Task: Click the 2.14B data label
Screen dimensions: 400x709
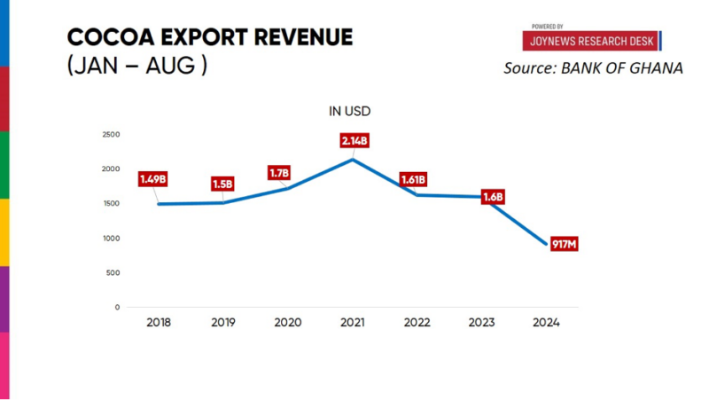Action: [354, 141]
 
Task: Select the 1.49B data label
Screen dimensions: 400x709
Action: [152, 179]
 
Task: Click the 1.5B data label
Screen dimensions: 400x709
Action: [222, 184]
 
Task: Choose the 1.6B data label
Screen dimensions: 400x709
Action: [493, 197]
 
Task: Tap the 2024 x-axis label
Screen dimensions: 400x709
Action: [546, 322]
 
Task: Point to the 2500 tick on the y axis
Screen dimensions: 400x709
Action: [111, 135]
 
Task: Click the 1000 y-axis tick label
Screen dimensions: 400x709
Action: [111, 239]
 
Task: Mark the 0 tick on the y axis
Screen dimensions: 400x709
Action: [117, 308]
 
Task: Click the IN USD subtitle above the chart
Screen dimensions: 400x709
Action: [350, 112]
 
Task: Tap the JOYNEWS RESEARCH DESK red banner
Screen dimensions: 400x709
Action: [591, 41]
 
